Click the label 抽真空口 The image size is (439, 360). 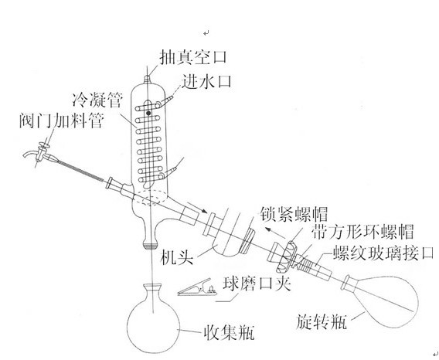(193, 57)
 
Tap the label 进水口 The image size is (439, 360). (206, 81)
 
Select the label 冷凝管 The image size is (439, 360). (97, 100)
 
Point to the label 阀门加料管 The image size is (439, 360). (62, 121)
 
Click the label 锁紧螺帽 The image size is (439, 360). (294, 214)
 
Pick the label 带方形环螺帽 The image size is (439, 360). (362, 232)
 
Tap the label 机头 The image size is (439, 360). (177, 256)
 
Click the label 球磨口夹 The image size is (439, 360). (257, 284)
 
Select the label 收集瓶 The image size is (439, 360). (229, 332)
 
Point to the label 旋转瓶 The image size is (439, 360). (322, 321)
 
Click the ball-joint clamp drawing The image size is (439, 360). (197, 288)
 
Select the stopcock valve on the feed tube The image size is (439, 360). (42, 151)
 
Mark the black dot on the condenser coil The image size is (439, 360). (148, 113)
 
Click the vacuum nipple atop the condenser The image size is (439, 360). (148, 80)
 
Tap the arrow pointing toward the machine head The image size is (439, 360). (197, 208)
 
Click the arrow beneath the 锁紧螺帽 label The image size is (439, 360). (275, 233)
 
